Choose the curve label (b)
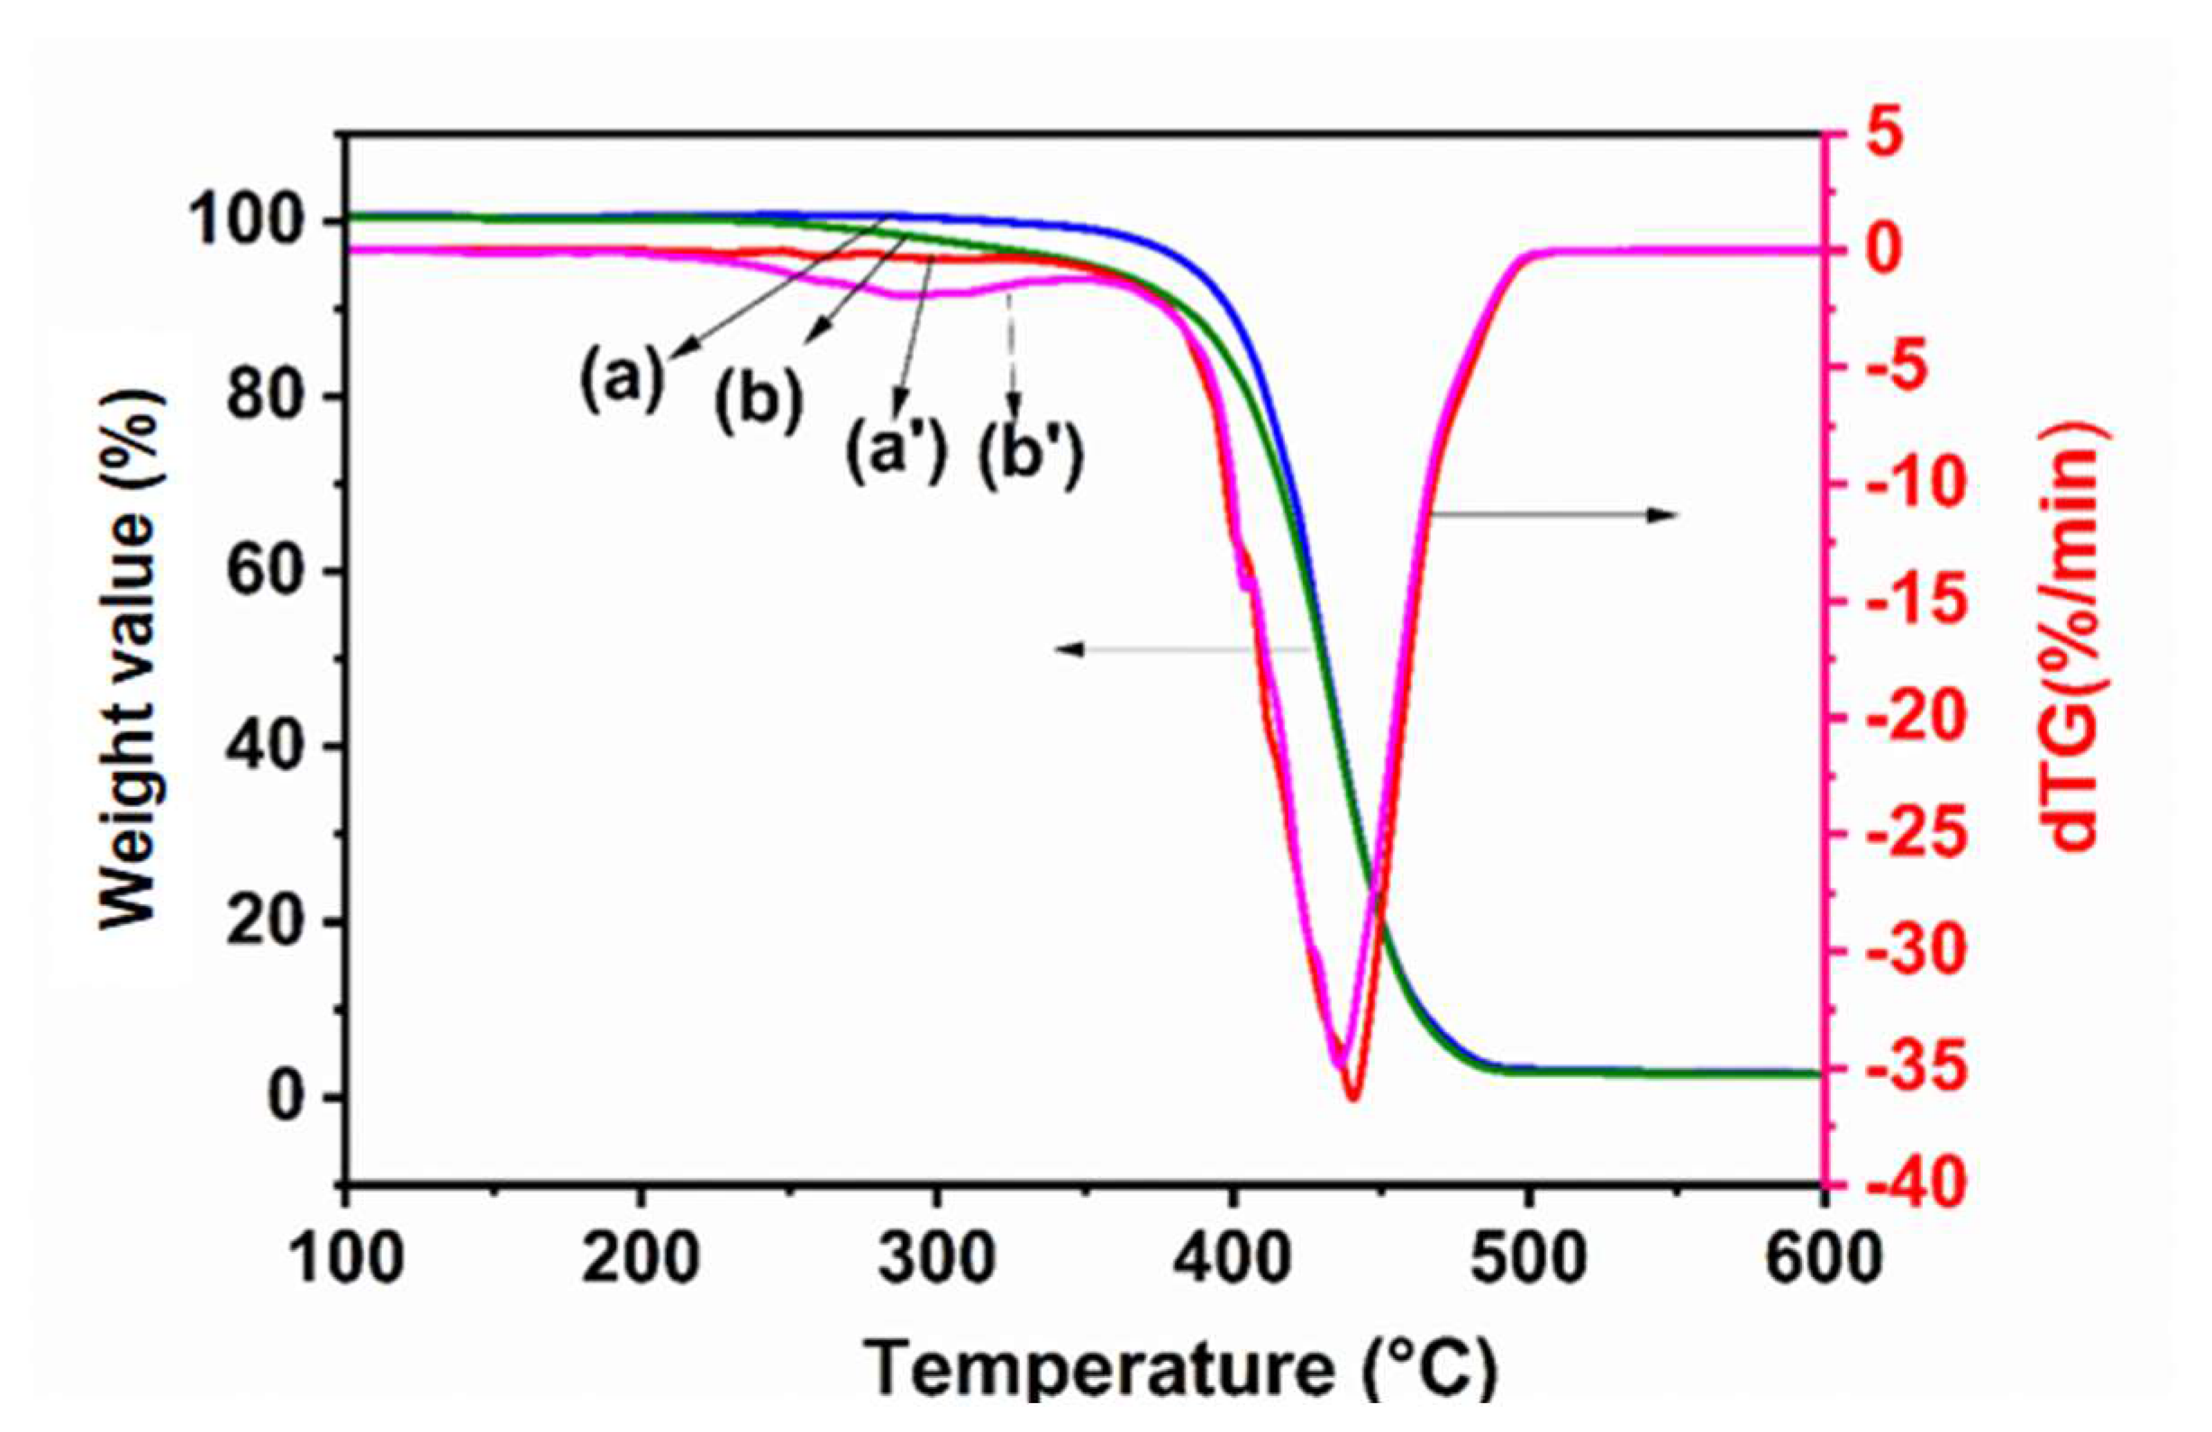tap(759, 403)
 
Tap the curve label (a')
tap(894, 450)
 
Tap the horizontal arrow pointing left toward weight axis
tap(1180, 650)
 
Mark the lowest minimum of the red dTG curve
tap(1353, 1099)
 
